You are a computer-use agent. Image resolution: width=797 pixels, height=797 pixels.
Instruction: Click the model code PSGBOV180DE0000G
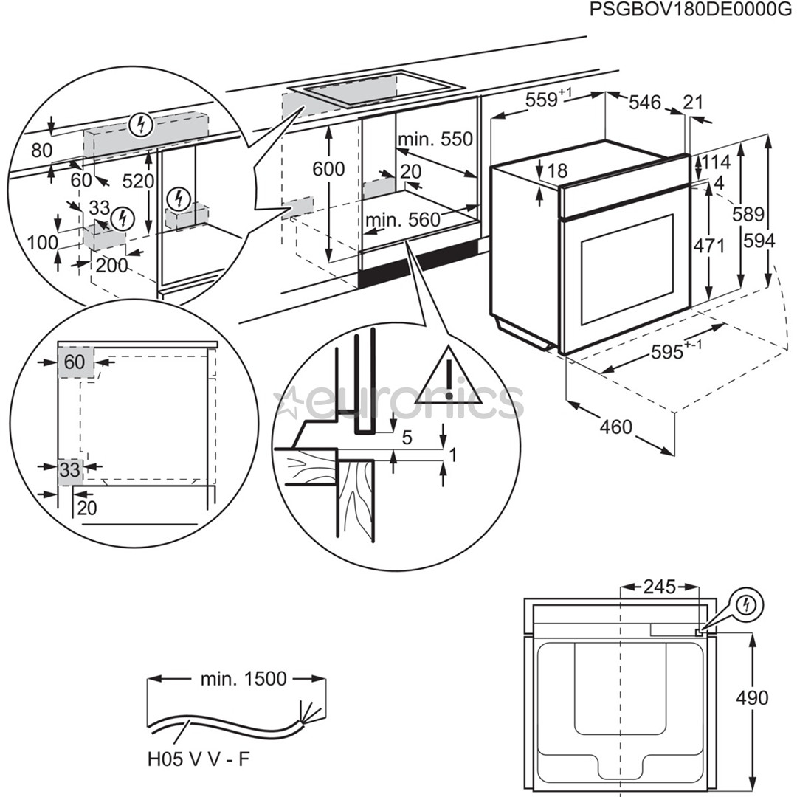point(685,10)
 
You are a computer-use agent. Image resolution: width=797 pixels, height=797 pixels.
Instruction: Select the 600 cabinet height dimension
point(328,169)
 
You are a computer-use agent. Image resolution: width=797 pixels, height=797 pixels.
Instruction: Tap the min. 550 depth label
point(434,139)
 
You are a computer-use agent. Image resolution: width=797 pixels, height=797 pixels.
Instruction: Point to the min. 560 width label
point(402,219)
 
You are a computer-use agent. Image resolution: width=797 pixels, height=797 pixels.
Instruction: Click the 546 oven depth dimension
point(644,103)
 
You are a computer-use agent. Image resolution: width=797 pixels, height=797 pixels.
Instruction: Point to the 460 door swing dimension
point(616,427)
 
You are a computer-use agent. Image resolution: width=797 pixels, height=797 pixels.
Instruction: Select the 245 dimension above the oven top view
point(659,587)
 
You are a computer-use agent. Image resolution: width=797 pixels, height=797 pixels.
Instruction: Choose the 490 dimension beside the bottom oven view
point(752,697)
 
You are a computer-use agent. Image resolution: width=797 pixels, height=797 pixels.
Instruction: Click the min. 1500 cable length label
point(244,679)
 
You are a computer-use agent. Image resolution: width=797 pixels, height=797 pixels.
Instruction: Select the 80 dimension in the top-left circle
point(42,151)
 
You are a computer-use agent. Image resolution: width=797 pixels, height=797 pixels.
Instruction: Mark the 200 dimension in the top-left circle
point(111,266)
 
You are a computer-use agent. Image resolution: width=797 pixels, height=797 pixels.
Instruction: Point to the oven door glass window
point(627,269)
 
